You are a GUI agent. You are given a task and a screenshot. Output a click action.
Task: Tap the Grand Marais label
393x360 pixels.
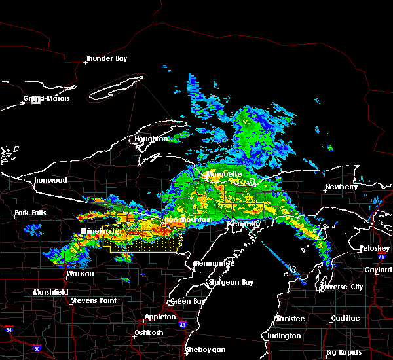[46, 99]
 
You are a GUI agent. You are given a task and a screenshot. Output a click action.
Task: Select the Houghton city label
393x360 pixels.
[151, 139]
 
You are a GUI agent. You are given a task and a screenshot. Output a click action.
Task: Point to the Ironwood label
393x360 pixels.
[50, 180]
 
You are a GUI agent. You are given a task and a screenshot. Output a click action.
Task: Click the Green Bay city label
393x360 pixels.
[185, 302]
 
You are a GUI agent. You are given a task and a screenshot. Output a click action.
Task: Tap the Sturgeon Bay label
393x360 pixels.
[226, 282]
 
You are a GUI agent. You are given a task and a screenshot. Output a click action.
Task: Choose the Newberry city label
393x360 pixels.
[342, 187]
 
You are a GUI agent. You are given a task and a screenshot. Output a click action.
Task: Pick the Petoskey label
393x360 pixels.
[375, 249]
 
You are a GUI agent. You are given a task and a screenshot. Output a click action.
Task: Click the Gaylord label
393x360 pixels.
[379, 270]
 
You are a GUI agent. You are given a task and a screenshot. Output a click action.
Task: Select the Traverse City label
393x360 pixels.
[341, 287]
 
